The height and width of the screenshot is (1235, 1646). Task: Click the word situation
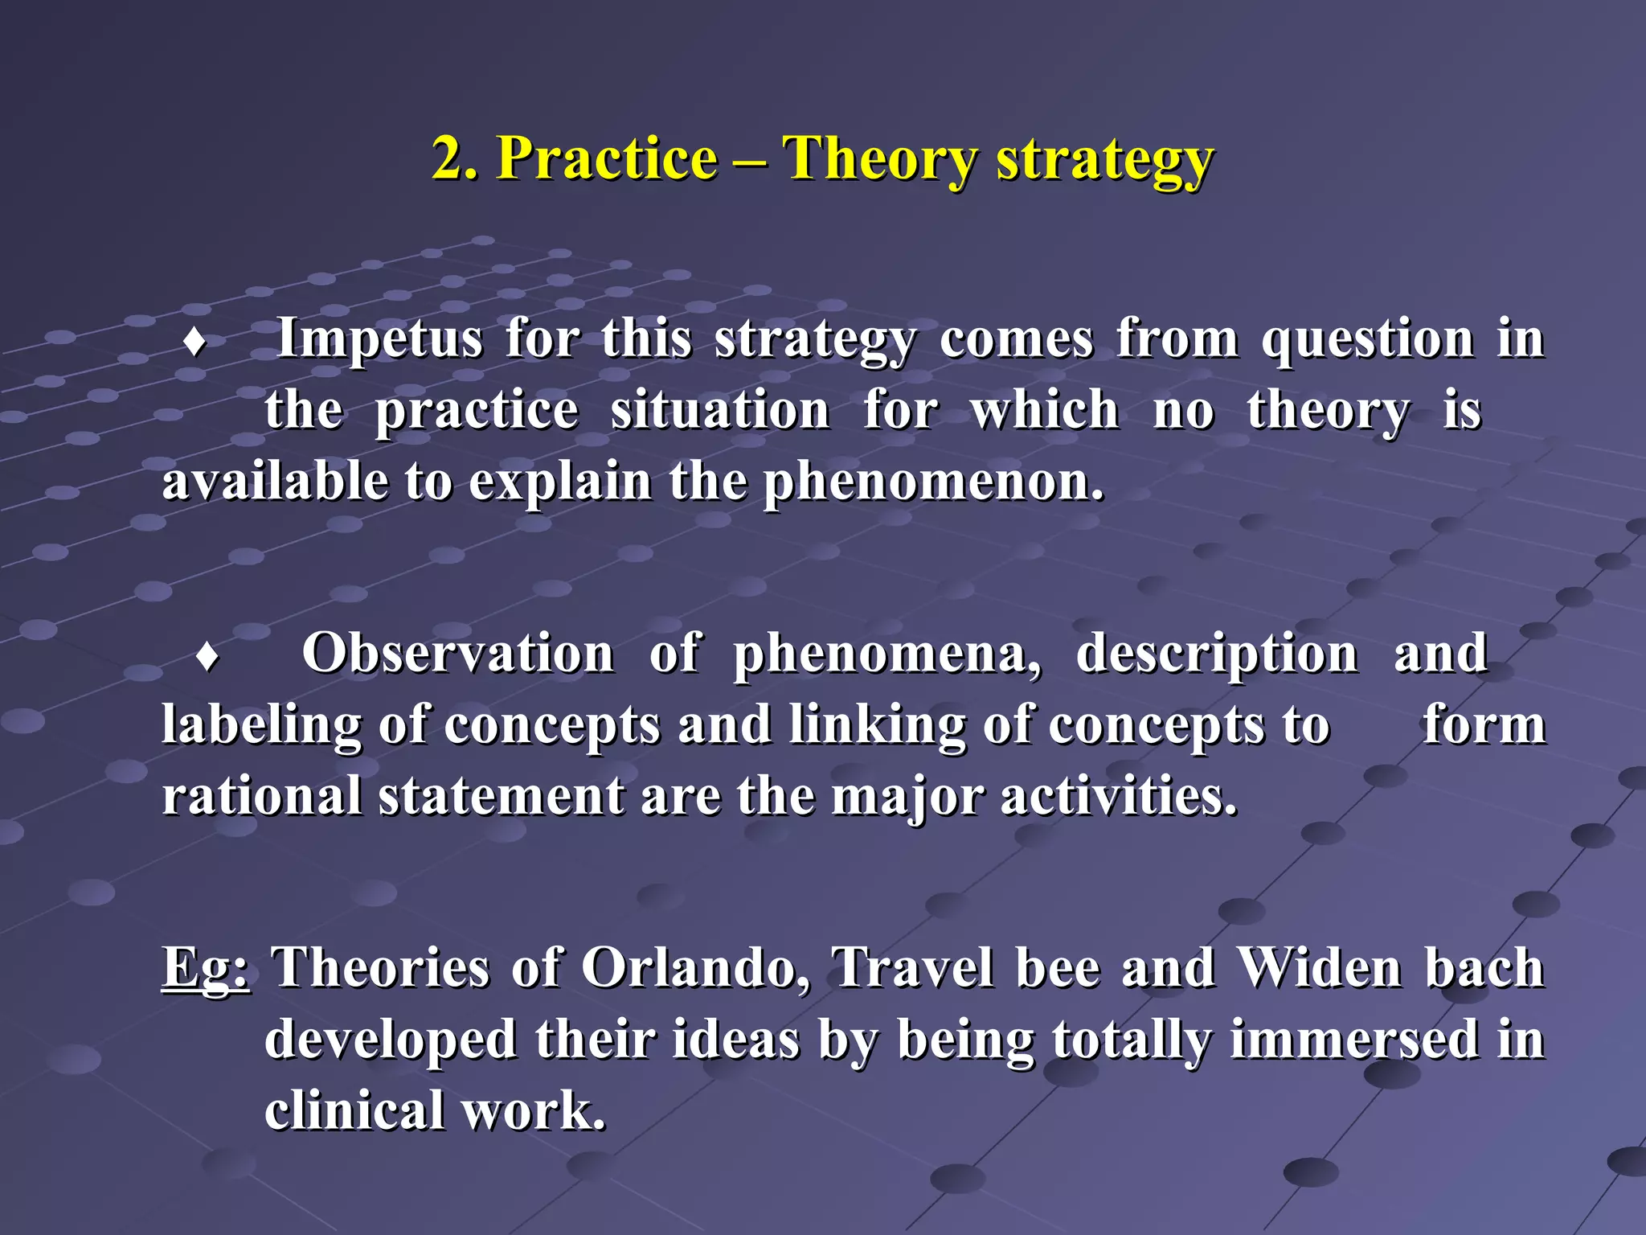[x=720, y=411]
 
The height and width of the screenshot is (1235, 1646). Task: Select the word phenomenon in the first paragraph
[x=932, y=483]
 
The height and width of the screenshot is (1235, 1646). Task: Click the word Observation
[x=458, y=653]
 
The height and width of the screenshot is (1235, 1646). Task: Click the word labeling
[x=261, y=726]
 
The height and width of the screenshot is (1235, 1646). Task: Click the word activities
[x=1118, y=798]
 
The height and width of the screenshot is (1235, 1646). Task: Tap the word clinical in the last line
[x=354, y=1111]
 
